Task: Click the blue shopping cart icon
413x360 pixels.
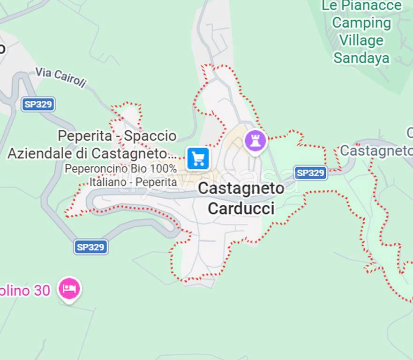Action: (198, 159)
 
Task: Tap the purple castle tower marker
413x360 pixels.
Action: (255, 140)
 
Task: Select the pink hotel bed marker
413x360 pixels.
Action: (69, 288)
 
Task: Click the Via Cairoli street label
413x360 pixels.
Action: (61, 77)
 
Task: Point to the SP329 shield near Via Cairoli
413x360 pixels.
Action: (38, 104)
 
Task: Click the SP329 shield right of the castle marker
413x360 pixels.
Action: (311, 173)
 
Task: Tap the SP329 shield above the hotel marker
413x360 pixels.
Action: (91, 247)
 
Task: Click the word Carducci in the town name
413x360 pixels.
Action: (241, 209)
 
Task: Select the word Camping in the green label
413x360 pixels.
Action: (361, 23)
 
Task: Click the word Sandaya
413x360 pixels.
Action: (361, 58)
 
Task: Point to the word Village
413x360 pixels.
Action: (361, 41)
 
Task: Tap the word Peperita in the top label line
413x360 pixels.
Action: (85, 136)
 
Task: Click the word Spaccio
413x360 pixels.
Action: (150, 136)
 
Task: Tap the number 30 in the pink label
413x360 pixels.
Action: (42, 291)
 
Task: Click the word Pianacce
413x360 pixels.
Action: (371, 6)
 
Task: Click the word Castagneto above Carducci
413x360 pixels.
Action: (241, 188)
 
